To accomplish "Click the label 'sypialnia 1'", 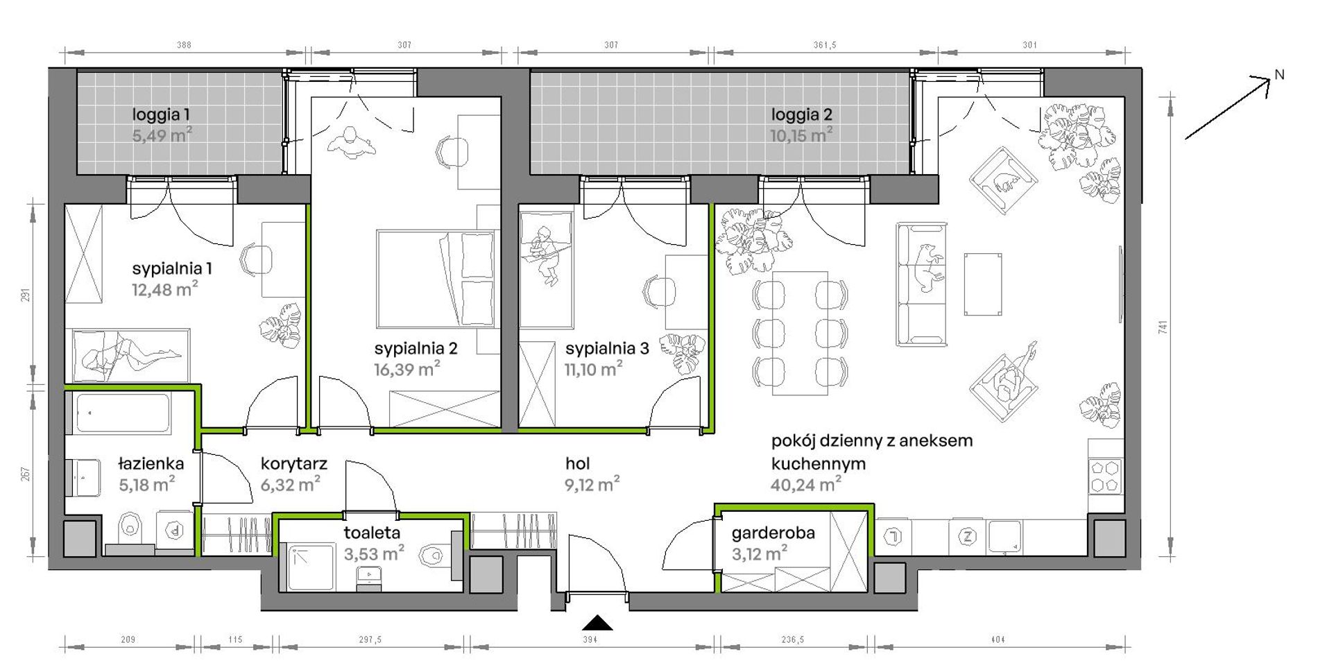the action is (x=172, y=268).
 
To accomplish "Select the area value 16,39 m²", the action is (x=407, y=369).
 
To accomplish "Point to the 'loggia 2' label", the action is (x=801, y=114).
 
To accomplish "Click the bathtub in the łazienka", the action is (x=123, y=413).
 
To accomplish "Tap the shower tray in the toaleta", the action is (x=311, y=568).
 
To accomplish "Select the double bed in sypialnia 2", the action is (x=436, y=279).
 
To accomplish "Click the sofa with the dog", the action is (x=921, y=284).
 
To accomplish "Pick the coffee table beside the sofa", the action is (x=983, y=284).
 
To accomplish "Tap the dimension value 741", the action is (x=1163, y=327).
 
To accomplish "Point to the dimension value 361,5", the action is (x=825, y=45).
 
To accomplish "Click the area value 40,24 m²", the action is (x=806, y=484).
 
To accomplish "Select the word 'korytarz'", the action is (x=294, y=463).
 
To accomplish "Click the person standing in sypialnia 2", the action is (x=352, y=144).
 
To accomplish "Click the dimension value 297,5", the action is (x=370, y=640).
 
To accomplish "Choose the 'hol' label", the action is (x=577, y=463).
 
